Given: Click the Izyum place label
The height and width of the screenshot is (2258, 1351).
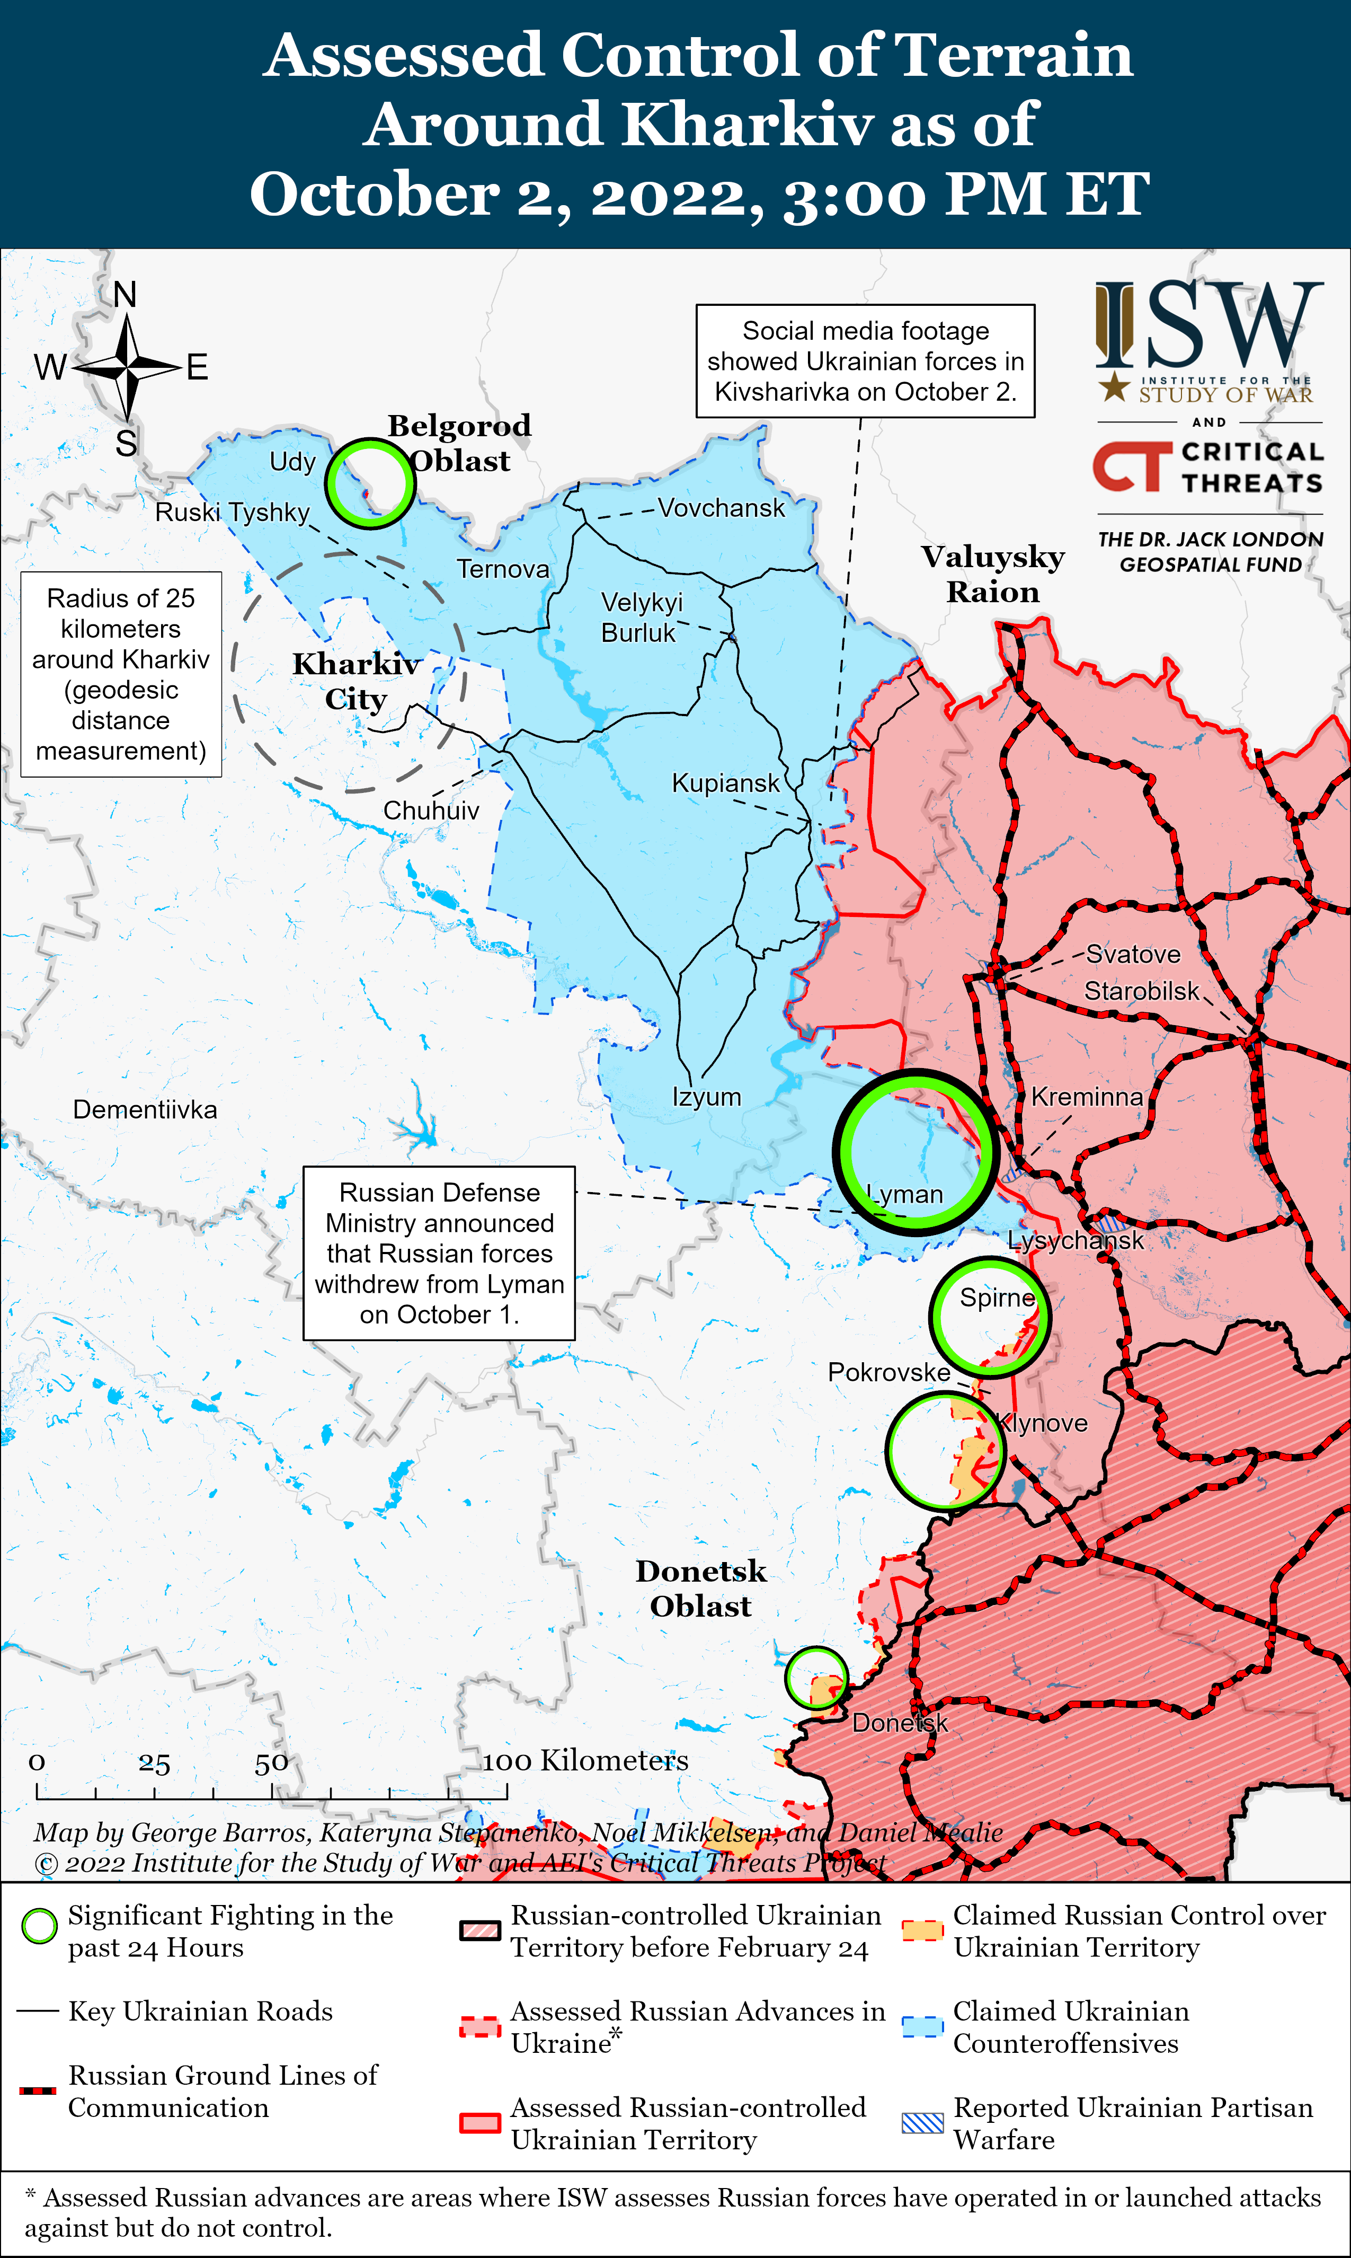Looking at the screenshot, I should coord(706,1097).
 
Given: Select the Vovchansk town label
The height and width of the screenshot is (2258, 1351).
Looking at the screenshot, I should coord(721,508).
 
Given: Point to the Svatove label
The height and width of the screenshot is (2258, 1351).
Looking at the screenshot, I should coord(1133,955).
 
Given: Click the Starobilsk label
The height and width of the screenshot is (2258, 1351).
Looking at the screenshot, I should coord(1142,991).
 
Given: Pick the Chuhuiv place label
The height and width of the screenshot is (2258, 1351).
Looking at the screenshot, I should coord(431,810).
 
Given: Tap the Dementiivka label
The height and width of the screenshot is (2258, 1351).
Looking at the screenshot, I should coord(145,1109).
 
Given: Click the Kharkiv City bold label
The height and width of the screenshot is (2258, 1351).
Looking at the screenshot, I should coord(356,681).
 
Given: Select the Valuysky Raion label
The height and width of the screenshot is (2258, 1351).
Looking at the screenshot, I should coord(992,574).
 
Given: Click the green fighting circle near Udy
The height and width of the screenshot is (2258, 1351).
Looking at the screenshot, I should coord(370,483).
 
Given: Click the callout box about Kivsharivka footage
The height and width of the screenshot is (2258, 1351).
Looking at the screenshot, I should coord(865,361).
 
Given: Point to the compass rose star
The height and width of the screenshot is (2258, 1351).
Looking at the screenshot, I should coord(128,367).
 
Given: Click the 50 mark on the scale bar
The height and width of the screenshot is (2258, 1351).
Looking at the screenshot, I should coord(271,1765).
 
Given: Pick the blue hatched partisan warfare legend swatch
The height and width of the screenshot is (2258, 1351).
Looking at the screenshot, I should coord(922,2123).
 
